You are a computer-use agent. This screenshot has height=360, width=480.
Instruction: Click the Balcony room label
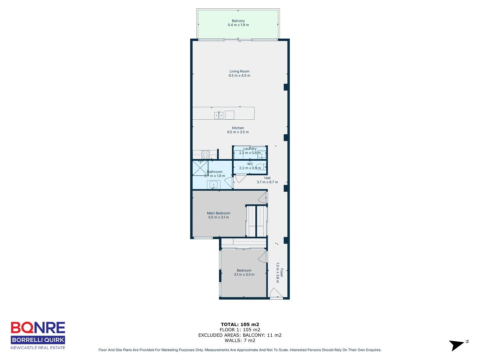point(238,21)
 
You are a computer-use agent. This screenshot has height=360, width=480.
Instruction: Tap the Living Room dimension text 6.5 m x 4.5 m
point(239,76)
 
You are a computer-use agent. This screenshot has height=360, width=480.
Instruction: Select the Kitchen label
point(238,128)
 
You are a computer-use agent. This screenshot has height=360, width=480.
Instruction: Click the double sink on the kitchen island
point(219,116)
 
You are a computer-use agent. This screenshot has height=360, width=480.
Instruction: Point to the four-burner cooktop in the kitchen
point(205,155)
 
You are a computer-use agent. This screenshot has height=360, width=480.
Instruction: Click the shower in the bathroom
point(200,168)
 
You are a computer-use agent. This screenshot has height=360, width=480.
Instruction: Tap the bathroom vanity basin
point(213,184)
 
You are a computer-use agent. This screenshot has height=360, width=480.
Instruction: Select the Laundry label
point(250,149)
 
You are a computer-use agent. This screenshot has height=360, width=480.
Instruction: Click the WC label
point(250,164)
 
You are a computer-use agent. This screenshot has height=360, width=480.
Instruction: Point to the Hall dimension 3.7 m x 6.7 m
point(267,182)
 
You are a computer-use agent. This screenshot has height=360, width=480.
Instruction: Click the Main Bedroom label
point(218,213)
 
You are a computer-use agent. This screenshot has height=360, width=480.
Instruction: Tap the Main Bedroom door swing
point(263,198)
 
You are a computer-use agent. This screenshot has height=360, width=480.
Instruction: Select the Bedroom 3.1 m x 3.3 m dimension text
point(244,275)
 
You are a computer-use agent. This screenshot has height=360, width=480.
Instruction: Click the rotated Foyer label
point(282,273)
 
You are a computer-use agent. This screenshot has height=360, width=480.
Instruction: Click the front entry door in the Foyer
point(275,294)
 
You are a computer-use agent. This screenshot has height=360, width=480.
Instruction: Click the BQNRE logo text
point(38,328)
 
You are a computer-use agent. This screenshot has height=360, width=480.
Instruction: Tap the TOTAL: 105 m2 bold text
point(240,324)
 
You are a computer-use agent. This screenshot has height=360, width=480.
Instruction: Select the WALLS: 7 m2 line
point(240,340)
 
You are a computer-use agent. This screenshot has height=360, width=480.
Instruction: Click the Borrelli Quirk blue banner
point(38,340)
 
